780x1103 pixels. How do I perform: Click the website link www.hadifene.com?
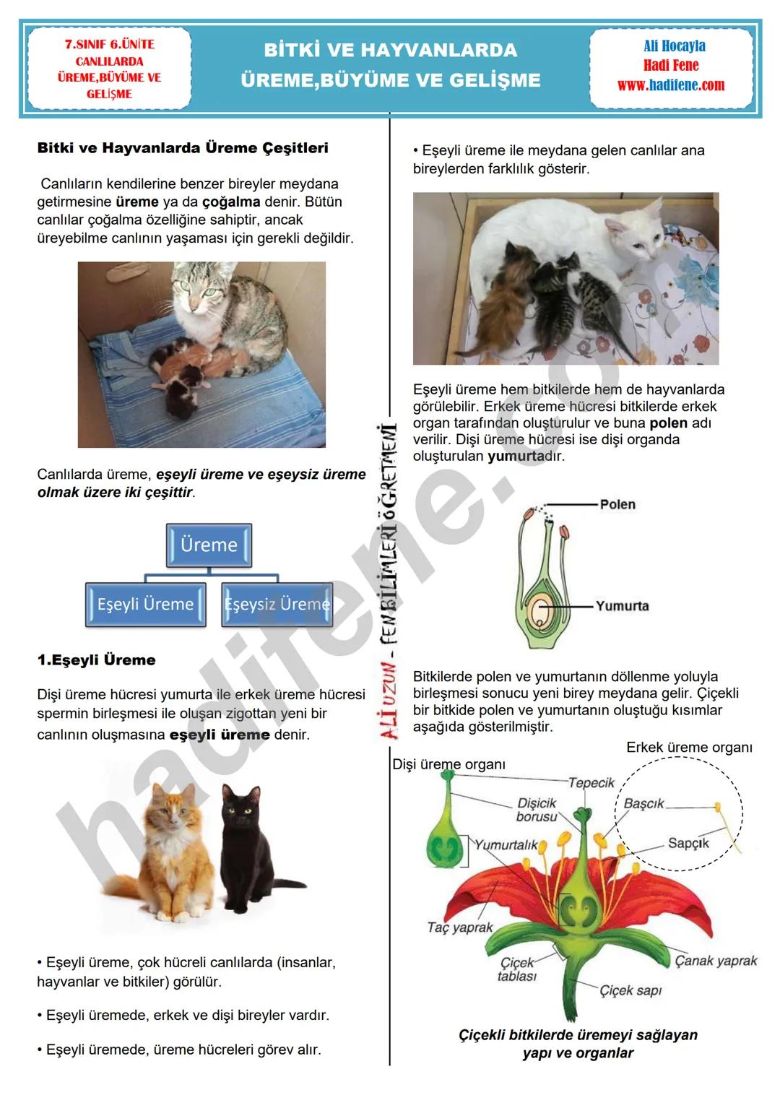click(x=670, y=85)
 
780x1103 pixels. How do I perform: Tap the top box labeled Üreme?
click(x=209, y=545)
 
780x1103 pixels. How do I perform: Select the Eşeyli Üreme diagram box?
click(x=145, y=604)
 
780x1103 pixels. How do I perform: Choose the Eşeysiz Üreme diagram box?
click(x=277, y=604)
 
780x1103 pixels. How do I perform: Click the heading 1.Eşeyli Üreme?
click(x=96, y=660)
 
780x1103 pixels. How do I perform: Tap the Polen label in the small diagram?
click(x=617, y=504)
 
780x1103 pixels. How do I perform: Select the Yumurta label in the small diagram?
click(x=622, y=606)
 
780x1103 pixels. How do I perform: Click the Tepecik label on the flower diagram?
click(x=591, y=782)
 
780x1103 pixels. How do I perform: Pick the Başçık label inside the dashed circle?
click(x=643, y=803)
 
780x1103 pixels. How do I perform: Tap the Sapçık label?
click(x=688, y=843)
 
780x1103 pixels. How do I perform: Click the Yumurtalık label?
click(x=506, y=844)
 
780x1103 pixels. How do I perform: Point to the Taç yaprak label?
click(x=460, y=927)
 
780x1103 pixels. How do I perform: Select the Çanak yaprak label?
click(x=716, y=961)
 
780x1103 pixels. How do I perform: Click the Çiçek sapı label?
click(x=630, y=990)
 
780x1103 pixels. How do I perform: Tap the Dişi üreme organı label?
click(x=448, y=764)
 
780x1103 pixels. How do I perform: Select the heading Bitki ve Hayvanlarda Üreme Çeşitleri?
click(x=183, y=148)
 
